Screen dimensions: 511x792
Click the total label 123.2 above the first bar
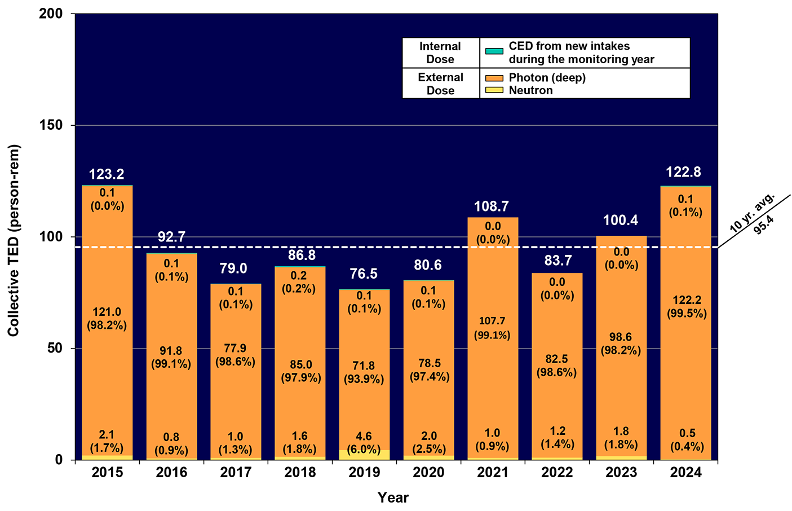point(107,174)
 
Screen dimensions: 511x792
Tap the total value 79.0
point(233,268)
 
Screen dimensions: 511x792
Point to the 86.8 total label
point(302,255)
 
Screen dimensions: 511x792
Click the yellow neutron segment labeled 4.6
point(364,455)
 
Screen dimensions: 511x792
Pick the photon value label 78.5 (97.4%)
point(430,370)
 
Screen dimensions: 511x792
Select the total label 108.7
point(492,206)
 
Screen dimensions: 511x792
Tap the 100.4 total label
point(621,221)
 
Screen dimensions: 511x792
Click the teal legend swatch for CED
point(494,51)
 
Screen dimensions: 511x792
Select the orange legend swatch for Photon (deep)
point(494,78)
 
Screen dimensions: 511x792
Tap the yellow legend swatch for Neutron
point(494,90)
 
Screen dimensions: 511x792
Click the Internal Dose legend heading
point(440,53)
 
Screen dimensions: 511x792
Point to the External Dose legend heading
point(440,84)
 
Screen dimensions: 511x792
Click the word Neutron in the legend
point(530,90)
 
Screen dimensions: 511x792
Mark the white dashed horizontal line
point(395,247)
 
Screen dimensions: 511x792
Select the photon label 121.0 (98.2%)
point(107,319)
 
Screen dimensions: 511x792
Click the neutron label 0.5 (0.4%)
point(687,440)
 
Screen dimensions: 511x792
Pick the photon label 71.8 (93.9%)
point(364,372)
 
